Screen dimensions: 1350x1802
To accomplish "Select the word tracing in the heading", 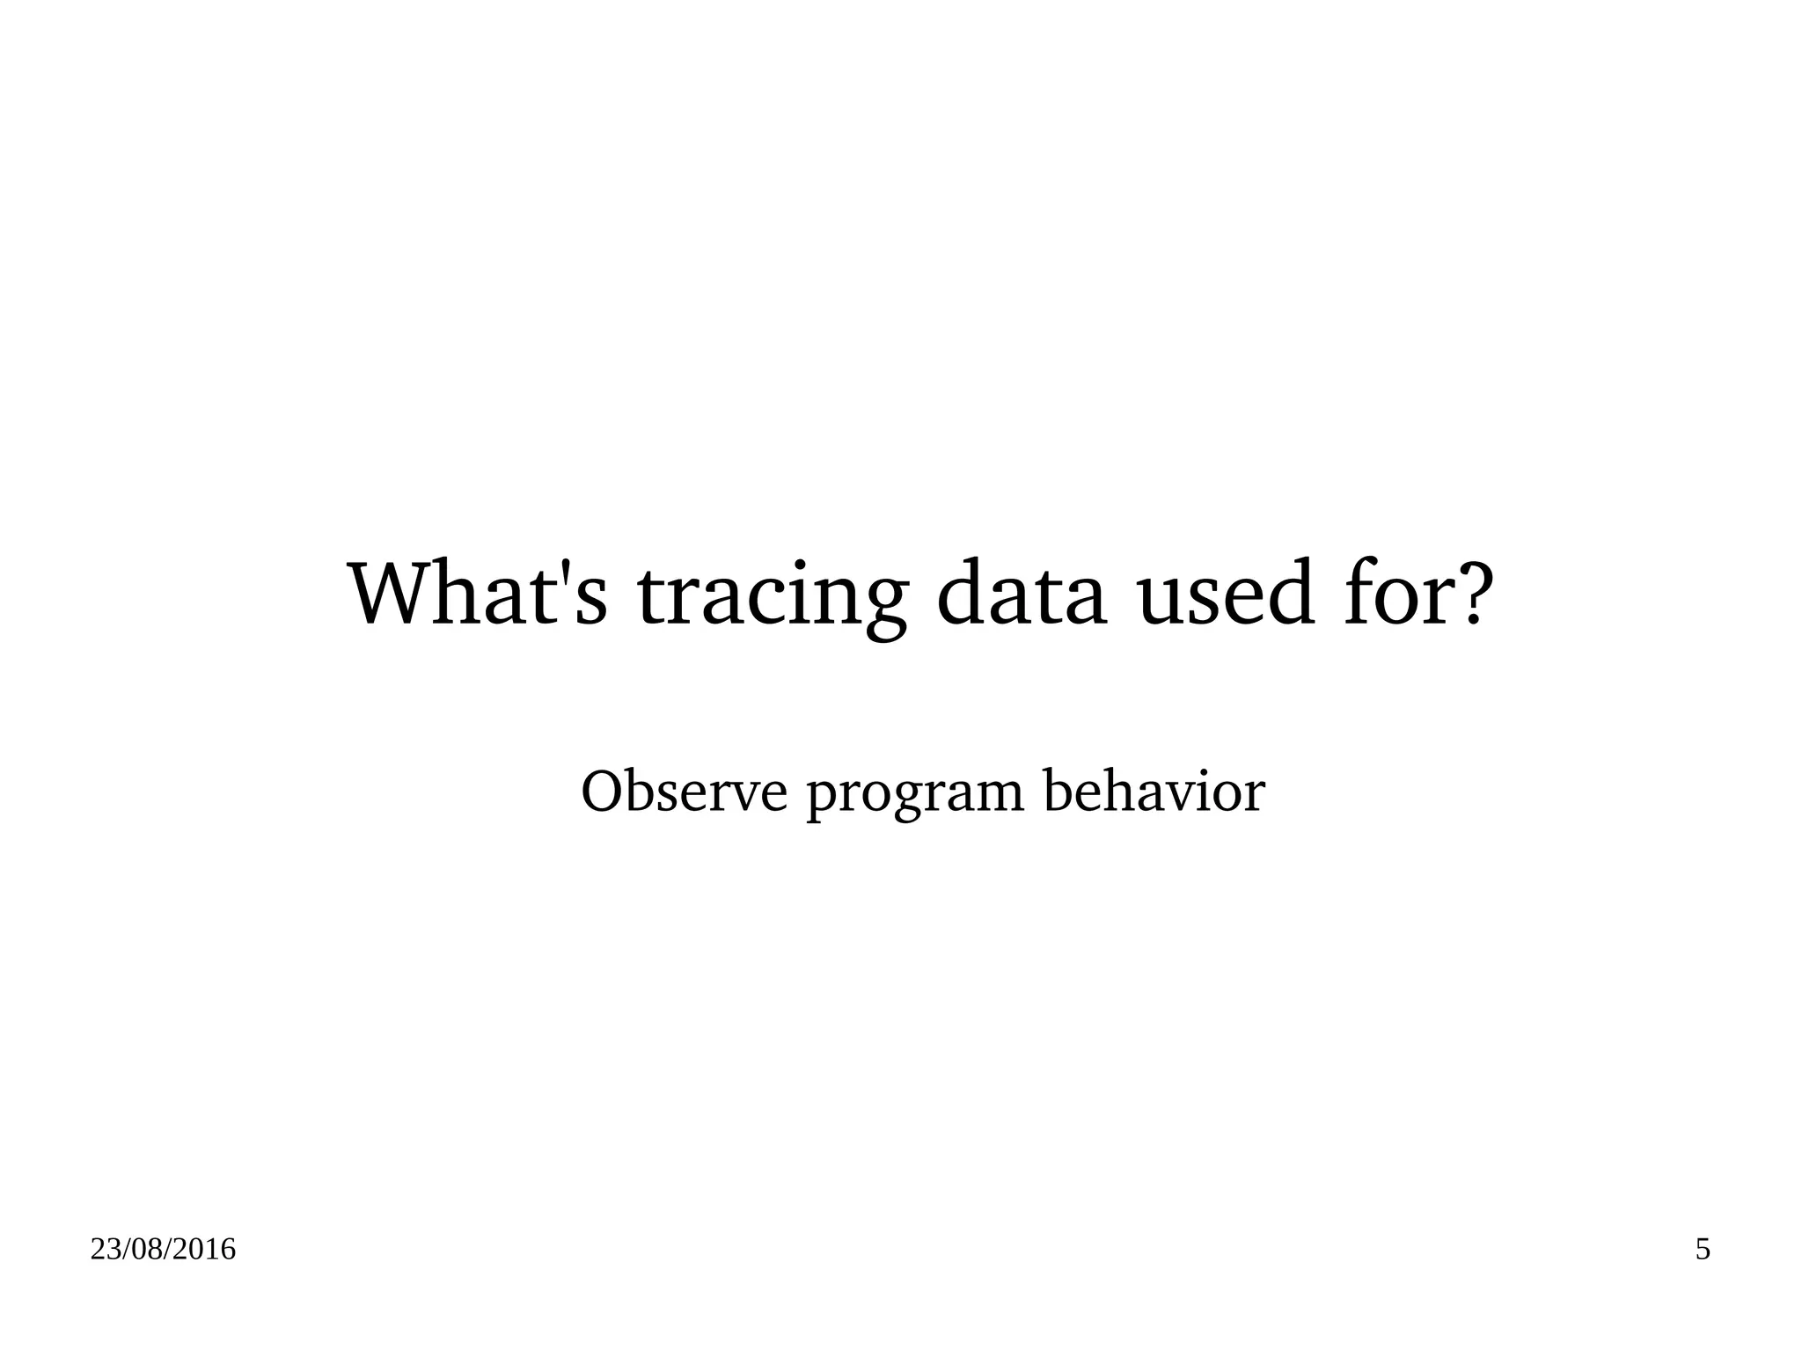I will (x=771, y=598).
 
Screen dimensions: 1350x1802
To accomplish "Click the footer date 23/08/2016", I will (x=163, y=1250).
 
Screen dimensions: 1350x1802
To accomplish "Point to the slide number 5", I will (x=1703, y=1250).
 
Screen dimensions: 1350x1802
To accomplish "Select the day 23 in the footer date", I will (x=104, y=1250).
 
